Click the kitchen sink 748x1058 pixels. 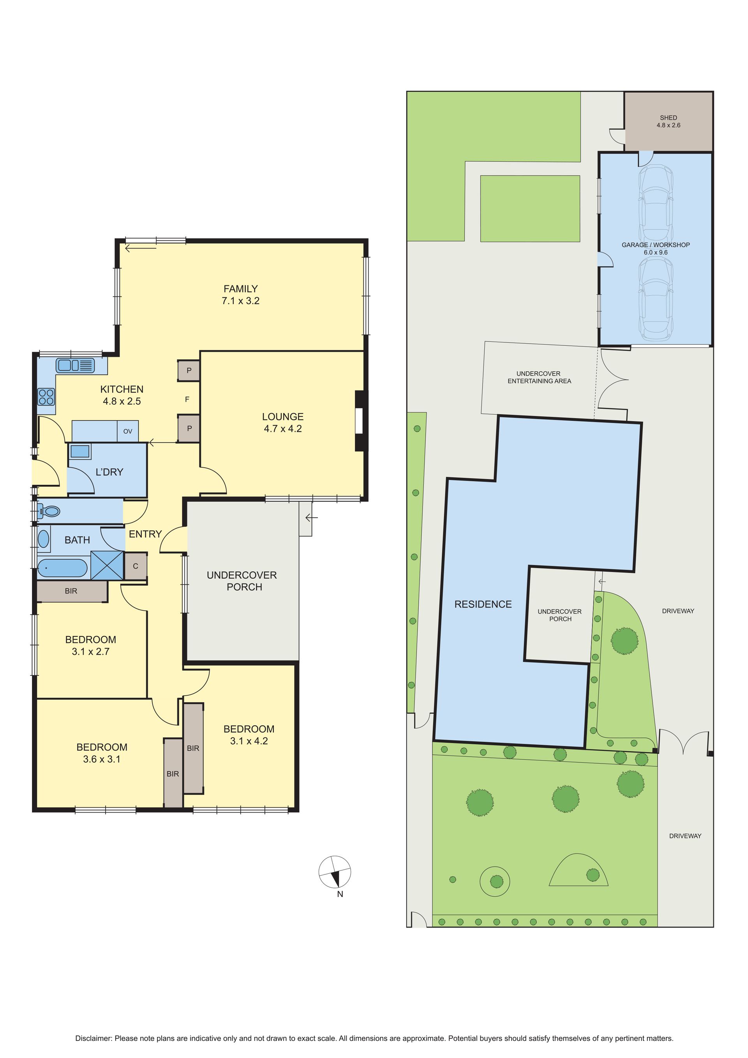pyautogui.click(x=75, y=366)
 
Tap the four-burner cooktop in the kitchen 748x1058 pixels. pyautogui.click(x=46, y=397)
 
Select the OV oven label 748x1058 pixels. pyautogui.click(x=127, y=431)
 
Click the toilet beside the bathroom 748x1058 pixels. pyautogui.click(x=48, y=511)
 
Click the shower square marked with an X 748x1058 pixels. pyautogui.click(x=107, y=566)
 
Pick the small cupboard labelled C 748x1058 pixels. pyautogui.click(x=136, y=566)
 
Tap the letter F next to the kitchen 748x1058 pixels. pyautogui.click(x=187, y=399)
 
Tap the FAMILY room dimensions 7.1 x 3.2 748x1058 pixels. pyautogui.click(x=240, y=301)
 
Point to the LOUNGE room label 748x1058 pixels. pyautogui.click(x=283, y=417)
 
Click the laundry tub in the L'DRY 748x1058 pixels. pyautogui.click(x=80, y=451)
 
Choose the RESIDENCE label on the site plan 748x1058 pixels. pyautogui.click(x=483, y=604)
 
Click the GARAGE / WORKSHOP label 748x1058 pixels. pyautogui.click(x=656, y=245)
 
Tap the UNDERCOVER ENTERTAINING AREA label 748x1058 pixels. pyautogui.click(x=539, y=377)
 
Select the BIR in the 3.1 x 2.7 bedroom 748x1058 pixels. pyautogui.click(x=71, y=591)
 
